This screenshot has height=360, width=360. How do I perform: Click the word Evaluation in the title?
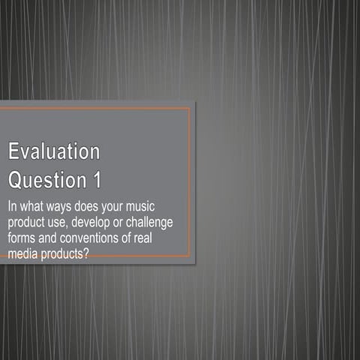click(x=54, y=151)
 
